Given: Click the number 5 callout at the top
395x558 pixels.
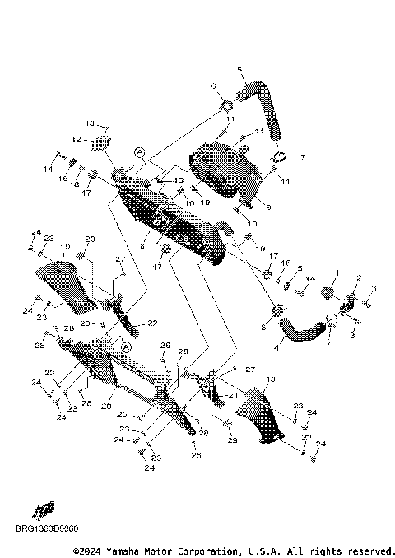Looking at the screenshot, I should tap(239, 69).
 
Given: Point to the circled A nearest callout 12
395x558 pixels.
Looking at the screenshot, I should tap(140, 152).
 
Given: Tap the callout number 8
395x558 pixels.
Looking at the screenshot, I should tap(142, 245).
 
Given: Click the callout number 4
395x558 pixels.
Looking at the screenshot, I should tap(276, 348).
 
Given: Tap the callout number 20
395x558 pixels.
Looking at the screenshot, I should tap(107, 406).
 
